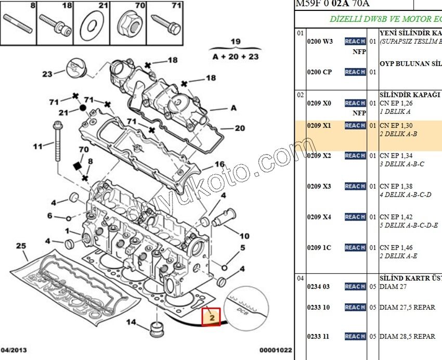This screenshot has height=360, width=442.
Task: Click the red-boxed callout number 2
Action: click(212, 316)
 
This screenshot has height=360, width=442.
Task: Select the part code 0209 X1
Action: click(319, 125)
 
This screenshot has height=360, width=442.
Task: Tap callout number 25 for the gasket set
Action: click(20, 245)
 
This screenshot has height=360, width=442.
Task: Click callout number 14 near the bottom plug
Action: click(131, 323)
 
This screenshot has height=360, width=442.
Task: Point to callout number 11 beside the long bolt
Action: click(37, 146)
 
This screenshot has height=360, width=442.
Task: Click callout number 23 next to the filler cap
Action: click(47, 74)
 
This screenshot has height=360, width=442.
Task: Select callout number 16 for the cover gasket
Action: click(219, 165)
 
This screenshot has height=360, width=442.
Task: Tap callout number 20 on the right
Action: click(240, 128)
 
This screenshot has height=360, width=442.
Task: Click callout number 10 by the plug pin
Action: click(244, 236)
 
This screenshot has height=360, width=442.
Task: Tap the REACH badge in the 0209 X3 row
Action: click(355, 186)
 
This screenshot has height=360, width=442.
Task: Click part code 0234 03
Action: click(318, 287)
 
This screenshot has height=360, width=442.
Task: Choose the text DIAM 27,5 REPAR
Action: click(407, 307)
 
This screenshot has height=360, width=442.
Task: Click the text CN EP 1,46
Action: click(396, 248)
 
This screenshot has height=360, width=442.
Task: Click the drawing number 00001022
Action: click(276, 350)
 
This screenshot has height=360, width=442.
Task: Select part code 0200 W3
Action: click(320, 42)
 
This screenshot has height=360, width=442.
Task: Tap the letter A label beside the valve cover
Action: click(233, 108)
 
